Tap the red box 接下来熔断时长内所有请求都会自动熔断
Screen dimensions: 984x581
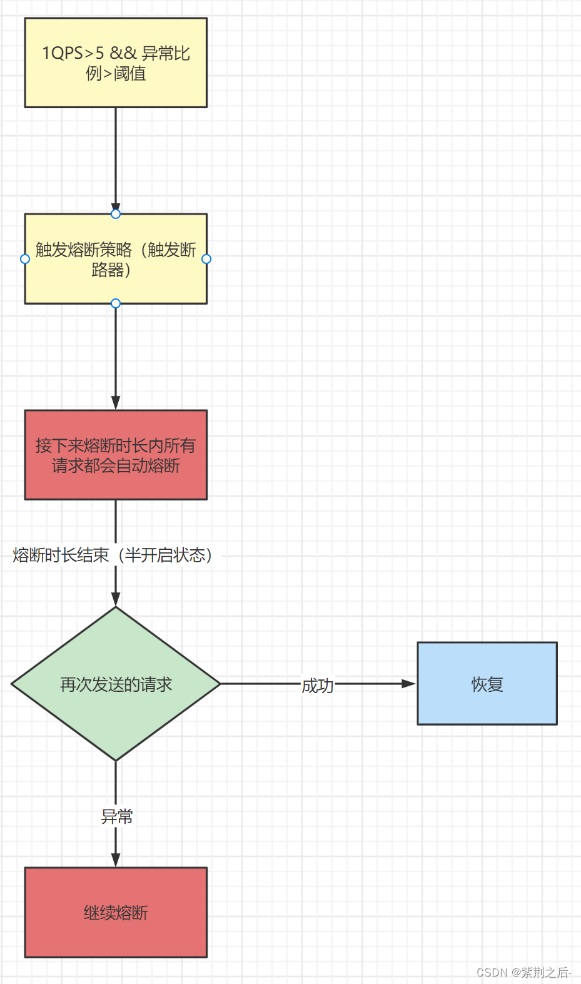(116, 455)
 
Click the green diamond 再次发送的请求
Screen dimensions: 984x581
(116, 684)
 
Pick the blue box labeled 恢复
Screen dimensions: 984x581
(487, 684)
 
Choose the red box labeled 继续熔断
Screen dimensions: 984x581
(116, 912)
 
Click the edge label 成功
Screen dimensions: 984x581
(318, 686)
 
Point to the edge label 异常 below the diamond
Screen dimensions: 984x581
(117, 816)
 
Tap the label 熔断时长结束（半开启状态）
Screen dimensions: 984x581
(113, 555)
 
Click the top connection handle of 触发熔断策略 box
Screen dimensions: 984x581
(116, 214)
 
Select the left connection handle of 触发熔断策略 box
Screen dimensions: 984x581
(25, 259)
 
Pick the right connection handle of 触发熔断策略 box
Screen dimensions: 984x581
(206, 259)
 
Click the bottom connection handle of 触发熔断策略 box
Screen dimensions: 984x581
(116, 303)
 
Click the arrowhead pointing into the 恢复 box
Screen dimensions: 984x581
(409, 684)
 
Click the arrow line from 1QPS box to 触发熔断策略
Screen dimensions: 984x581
(116, 156)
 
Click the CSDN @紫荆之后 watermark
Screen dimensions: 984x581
(523, 972)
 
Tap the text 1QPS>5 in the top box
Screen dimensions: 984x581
(73, 53)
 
